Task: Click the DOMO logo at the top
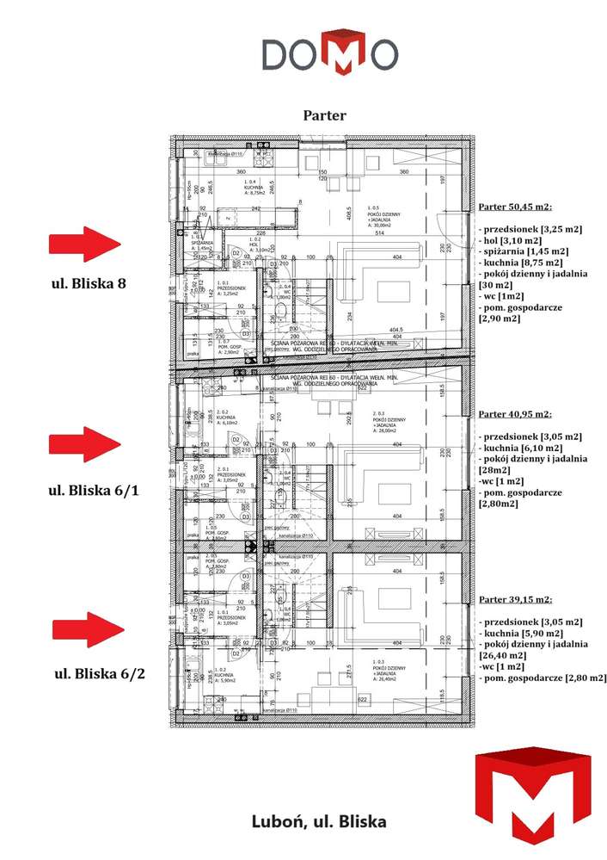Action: [329, 53]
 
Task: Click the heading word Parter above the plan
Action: [324, 114]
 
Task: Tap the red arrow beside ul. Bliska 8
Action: [85, 244]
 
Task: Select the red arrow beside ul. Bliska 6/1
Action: [85, 444]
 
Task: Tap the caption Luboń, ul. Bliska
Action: [318, 821]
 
